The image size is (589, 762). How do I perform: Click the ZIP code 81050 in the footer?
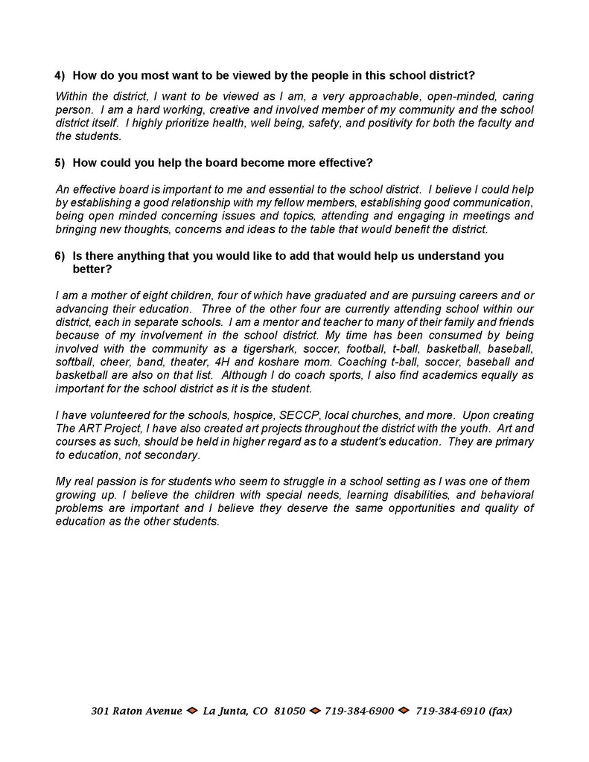[x=290, y=711]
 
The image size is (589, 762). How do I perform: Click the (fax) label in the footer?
[x=493, y=711]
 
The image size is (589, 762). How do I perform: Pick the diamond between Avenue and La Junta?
[x=192, y=711]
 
